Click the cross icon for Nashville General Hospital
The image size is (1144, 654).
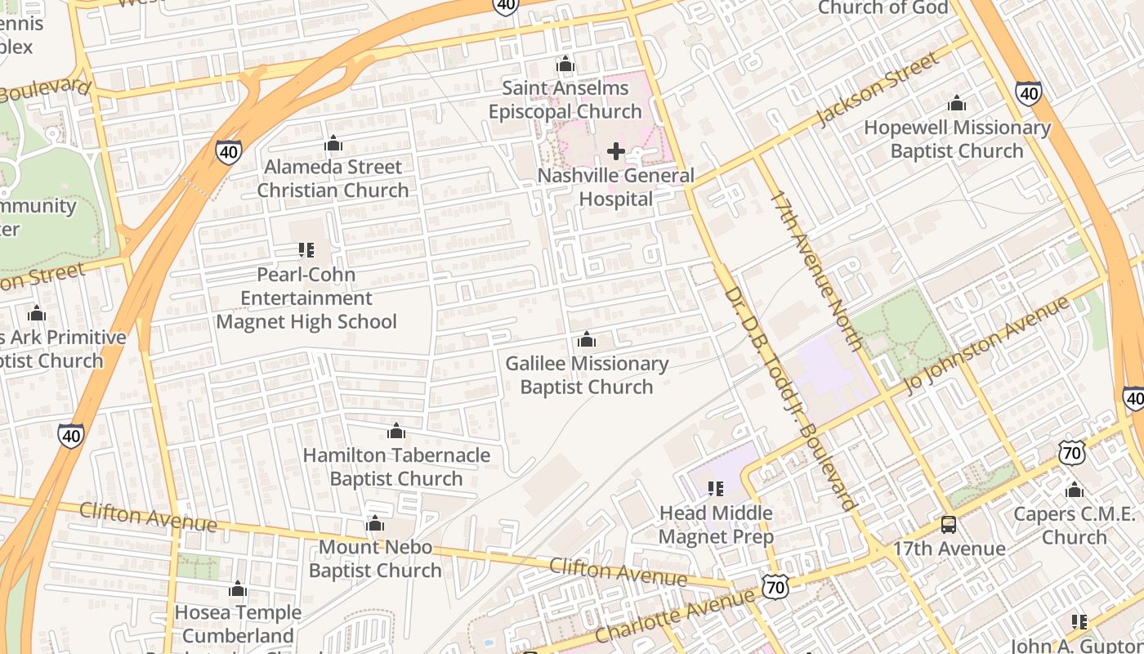click(x=616, y=151)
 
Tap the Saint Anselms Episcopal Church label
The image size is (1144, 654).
click(x=565, y=100)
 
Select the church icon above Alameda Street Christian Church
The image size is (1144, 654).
click(x=333, y=144)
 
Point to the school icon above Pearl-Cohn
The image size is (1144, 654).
click(x=306, y=249)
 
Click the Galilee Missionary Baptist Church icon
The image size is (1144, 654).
click(x=586, y=340)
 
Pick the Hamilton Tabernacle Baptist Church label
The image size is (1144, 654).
click(x=396, y=467)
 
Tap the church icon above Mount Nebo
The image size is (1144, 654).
click(x=375, y=523)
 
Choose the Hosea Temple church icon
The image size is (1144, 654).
click(x=238, y=589)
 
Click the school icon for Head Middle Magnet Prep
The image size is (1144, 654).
click(x=716, y=489)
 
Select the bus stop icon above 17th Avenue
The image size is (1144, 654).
click(x=948, y=524)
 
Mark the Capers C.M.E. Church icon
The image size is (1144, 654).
click(x=1075, y=490)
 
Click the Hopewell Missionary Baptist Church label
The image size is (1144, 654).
click(x=957, y=139)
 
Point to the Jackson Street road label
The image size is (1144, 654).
click(x=878, y=90)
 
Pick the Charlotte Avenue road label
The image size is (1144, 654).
click(x=675, y=614)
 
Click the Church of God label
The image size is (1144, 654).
click(x=883, y=8)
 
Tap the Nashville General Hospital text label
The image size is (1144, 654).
click(x=616, y=187)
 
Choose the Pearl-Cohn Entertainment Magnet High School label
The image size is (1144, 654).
click(x=306, y=298)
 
